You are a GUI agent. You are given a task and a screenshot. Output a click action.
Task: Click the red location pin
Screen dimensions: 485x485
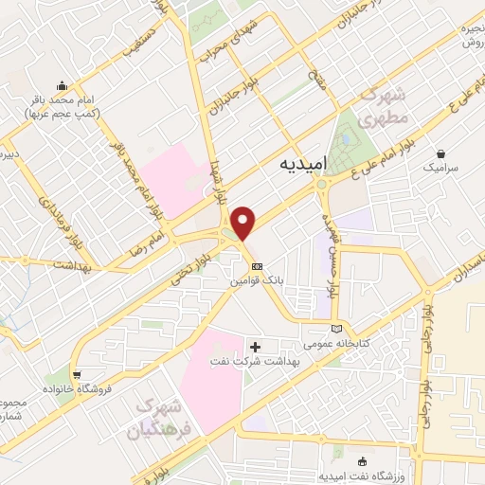click(245, 222)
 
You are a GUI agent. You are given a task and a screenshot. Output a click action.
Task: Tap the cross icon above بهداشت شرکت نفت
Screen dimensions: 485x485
click(254, 346)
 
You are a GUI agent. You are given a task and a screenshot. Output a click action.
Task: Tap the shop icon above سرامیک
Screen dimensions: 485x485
click(440, 153)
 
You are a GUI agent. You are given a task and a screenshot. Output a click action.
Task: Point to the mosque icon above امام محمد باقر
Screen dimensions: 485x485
click(62, 83)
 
